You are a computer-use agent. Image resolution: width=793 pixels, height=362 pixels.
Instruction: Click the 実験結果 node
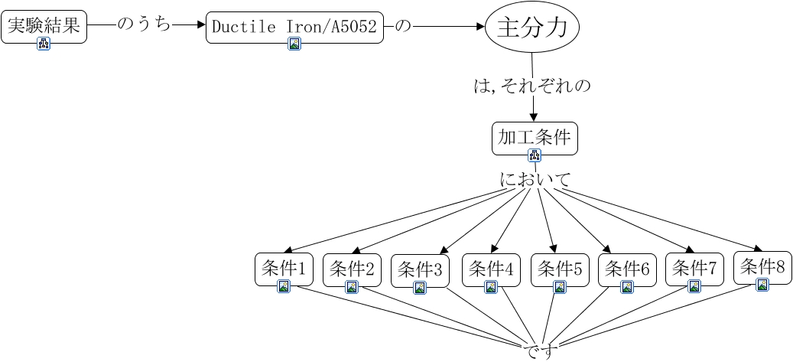[x=44, y=27]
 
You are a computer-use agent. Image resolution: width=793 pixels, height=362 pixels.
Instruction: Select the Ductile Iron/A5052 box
[x=295, y=28]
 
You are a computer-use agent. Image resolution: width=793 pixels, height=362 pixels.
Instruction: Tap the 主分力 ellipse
[x=532, y=28]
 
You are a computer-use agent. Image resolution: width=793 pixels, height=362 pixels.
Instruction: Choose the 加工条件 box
[x=535, y=138]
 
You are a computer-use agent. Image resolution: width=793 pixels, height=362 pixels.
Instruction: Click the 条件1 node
[x=284, y=269]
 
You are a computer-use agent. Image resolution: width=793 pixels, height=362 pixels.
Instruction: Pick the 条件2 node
[x=352, y=270]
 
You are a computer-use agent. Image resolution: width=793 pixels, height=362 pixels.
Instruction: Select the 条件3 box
[x=421, y=270]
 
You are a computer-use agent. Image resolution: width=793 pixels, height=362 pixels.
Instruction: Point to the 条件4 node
[x=491, y=270]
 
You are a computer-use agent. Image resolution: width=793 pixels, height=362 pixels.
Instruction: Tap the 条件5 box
[x=560, y=270]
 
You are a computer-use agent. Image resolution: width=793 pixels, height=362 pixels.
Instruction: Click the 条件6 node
[x=627, y=270]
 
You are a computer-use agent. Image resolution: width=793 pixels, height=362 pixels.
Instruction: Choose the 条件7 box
[x=695, y=269]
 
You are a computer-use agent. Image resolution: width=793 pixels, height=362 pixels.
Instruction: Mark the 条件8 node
[x=762, y=267]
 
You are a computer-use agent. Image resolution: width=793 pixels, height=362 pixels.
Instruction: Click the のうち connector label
[x=144, y=24]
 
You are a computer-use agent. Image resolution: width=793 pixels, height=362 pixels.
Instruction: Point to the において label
[x=535, y=179]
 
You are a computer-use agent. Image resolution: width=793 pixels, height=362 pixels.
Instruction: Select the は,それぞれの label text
[x=532, y=86]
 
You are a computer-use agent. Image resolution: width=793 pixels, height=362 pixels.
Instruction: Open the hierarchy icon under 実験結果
[x=44, y=44]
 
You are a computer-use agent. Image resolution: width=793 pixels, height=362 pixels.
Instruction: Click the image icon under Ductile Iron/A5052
[x=295, y=44]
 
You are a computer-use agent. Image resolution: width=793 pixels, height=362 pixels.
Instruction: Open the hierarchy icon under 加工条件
[x=535, y=155]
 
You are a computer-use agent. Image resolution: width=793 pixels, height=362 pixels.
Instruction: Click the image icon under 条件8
[x=762, y=285]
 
